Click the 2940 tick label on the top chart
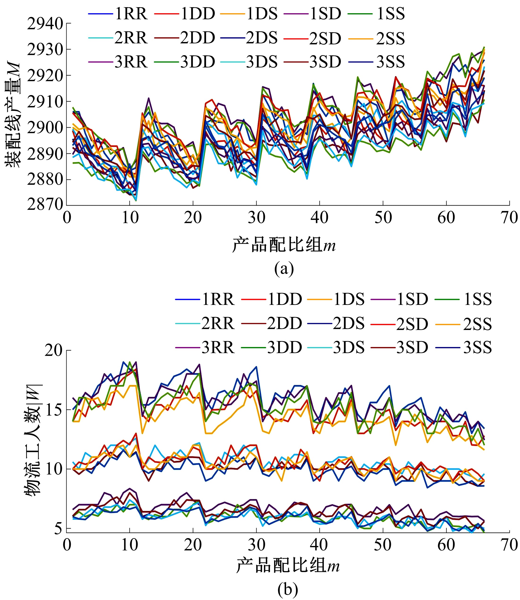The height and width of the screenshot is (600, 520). (x=45, y=24)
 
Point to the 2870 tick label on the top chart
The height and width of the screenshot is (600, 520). (x=45, y=205)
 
